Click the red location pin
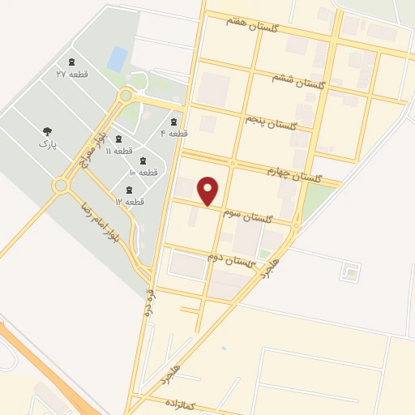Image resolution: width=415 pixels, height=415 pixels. pos(209,191)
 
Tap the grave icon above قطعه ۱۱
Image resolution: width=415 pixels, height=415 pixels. pos(119,139)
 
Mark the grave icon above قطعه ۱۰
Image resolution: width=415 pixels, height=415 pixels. pos(143,160)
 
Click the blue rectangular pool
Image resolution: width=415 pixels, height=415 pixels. pos(118,58)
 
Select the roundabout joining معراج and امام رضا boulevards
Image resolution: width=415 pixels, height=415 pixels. pos(60,186)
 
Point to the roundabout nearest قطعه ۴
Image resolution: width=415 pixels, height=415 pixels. pos(126,96)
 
